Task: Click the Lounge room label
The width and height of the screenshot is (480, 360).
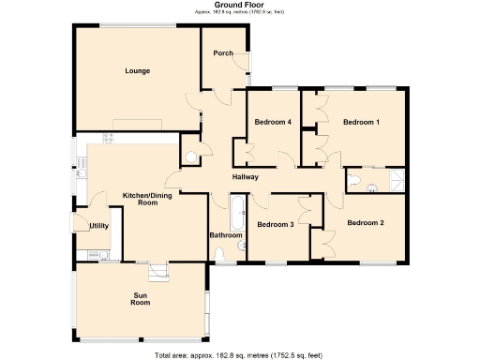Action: pos(138,71)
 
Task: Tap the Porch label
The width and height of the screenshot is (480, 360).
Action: pos(223,53)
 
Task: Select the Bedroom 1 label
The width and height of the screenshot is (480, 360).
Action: pos(361,123)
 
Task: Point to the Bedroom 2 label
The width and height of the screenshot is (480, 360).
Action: pos(365,222)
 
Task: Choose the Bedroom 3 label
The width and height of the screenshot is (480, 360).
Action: pos(276,225)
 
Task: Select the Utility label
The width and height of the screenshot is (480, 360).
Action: pos(98,226)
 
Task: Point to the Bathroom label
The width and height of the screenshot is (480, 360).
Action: pos(226,235)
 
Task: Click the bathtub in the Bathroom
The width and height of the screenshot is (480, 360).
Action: pos(236,213)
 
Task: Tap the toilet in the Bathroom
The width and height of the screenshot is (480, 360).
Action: pos(243,247)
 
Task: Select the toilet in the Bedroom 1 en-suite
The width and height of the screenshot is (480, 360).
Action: pos(355,180)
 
